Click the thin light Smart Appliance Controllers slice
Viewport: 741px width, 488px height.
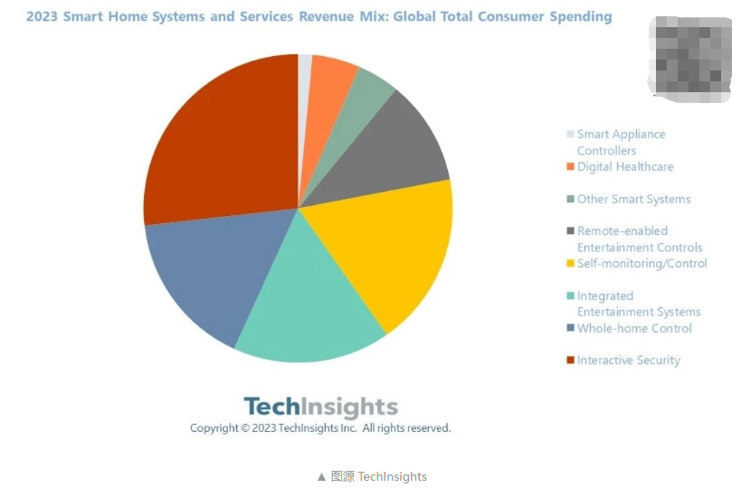[305, 72]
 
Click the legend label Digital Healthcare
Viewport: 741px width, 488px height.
[625, 167]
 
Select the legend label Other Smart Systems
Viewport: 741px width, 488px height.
[633, 200]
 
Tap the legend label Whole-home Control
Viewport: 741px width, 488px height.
[634, 329]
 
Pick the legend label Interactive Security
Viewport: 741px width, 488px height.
[628, 361]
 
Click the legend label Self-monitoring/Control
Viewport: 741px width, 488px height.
[641, 264]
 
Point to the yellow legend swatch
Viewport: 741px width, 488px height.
[570, 264]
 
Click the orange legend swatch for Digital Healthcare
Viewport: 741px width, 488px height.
[570, 167]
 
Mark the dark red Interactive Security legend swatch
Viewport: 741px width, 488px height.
[570, 361]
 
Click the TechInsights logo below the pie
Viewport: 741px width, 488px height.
[320, 407]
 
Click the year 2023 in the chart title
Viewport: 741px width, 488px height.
[43, 17]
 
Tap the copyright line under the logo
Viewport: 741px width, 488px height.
[319, 428]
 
